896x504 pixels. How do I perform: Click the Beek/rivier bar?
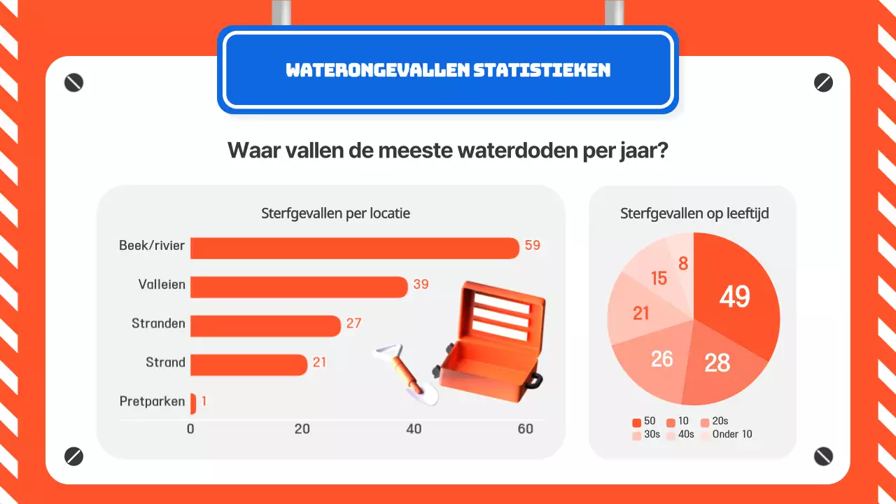pyautogui.click(x=354, y=248)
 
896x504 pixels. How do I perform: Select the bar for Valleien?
pyautogui.click(x=299, y=287)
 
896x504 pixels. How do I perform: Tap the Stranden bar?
pyautogui.click(x=265, y=325)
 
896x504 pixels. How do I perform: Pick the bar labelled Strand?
pyautogui.click(x=248, y=365)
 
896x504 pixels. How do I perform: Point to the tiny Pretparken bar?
pyautogui.click(x=193, y=403)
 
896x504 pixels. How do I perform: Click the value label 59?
pyautogui.click(x=533, y=246)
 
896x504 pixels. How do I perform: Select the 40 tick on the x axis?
pyautogui.click(x=414, y=428)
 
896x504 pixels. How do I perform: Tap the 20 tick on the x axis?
pyautogui.click(x=302, y=428)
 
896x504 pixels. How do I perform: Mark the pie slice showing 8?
pyautogui.click(x=683, y=262)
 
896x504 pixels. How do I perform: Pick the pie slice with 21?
pyautogui.click(x=640, y=314)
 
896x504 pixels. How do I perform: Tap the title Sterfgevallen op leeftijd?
pyautogui.click(x=694, y=213)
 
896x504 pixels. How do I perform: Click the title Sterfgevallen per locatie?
pyautogui.click(x=335, y=213)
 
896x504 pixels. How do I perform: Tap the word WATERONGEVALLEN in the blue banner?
pyautogui.click(x=377, y=70)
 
